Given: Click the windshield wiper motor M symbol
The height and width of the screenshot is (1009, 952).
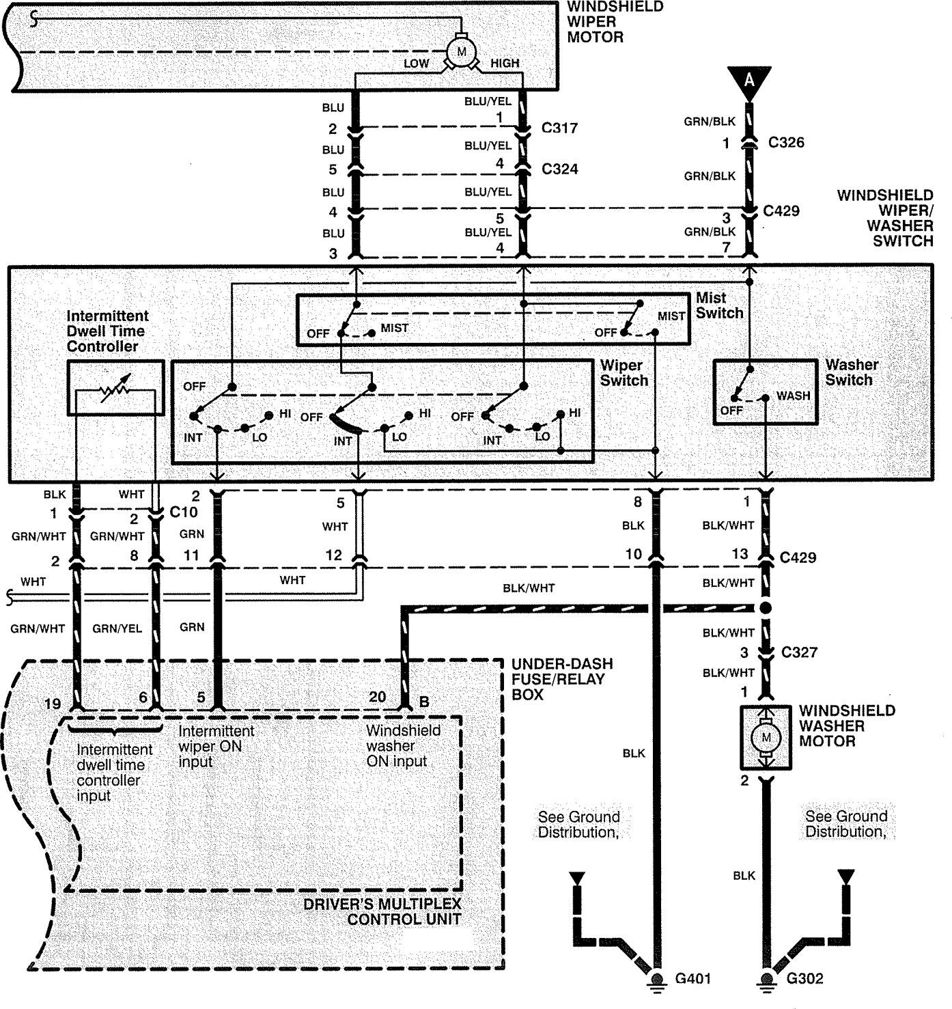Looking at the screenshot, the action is pyautogui.click(x=461, y=52).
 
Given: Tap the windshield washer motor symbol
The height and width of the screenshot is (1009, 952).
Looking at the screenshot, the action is pyautogui.click(x=766, y=737).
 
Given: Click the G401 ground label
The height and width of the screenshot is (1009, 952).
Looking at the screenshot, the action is pyautogui.click(x=692, y=978).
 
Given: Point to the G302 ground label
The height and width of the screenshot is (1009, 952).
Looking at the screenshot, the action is pyautogui.click(x=804, y=978).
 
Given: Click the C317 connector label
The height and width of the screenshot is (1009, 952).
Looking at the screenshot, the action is pyautogui.click(x=559, y=128).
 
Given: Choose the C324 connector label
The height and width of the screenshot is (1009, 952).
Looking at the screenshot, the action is pyautogui.click(x=560, y=169).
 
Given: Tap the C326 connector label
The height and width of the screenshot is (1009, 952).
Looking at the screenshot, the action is pyautogui.click(x=786, y=142).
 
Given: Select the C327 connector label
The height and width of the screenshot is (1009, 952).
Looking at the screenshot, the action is pyautogui.click(x=799, y=652).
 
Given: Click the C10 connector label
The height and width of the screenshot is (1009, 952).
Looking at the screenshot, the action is pyautogui.click(x=184, y=512).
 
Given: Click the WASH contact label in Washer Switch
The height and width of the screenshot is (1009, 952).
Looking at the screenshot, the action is pyautogui.click(x=793, y=396).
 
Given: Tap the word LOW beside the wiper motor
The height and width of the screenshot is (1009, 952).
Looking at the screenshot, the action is pyautogui.click(x=417, y=64).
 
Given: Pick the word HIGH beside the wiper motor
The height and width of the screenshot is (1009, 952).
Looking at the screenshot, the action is pyautogui.click(x=505, y=63).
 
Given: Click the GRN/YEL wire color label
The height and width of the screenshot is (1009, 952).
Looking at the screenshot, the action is pyautogui.click(x=117, y=628).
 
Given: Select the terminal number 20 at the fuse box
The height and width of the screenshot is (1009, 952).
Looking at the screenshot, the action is pyautogui.click(x=378, y=697).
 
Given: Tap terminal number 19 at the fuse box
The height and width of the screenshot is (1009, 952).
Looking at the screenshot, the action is pyautogui.click(x=53, y=704).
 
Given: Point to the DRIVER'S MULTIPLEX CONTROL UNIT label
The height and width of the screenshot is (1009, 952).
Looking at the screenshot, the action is pyautogui.click(x=382, y=911).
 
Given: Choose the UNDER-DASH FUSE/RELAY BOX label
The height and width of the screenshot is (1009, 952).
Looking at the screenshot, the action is pyautogui.click(x=562, y=679).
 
